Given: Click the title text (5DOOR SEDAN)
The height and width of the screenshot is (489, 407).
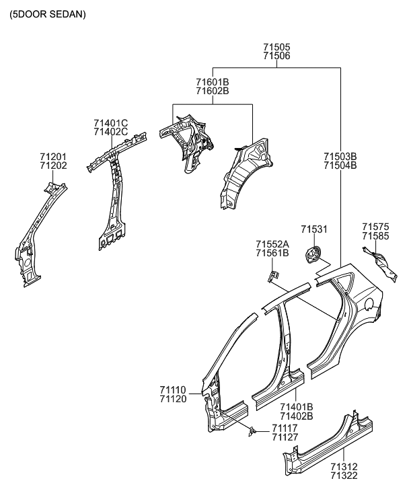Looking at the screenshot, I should [47, 14].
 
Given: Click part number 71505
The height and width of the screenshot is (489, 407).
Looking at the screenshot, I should [276, 48].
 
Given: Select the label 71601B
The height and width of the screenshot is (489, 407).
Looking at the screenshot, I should [213, 82].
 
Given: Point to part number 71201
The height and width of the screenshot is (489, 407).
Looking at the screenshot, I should [53, 156].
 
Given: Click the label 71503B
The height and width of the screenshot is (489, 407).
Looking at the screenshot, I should [340, 157].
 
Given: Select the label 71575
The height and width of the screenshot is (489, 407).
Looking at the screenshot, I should [375, 227].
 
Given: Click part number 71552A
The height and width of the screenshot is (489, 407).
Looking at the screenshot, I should [272, 244].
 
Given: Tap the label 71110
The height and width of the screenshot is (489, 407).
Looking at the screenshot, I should [173, 389].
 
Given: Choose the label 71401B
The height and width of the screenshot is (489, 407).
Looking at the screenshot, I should [297, 407].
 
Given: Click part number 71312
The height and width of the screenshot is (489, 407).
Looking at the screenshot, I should [344, 466].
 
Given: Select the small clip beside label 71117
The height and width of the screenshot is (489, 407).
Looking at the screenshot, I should [253, 430].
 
